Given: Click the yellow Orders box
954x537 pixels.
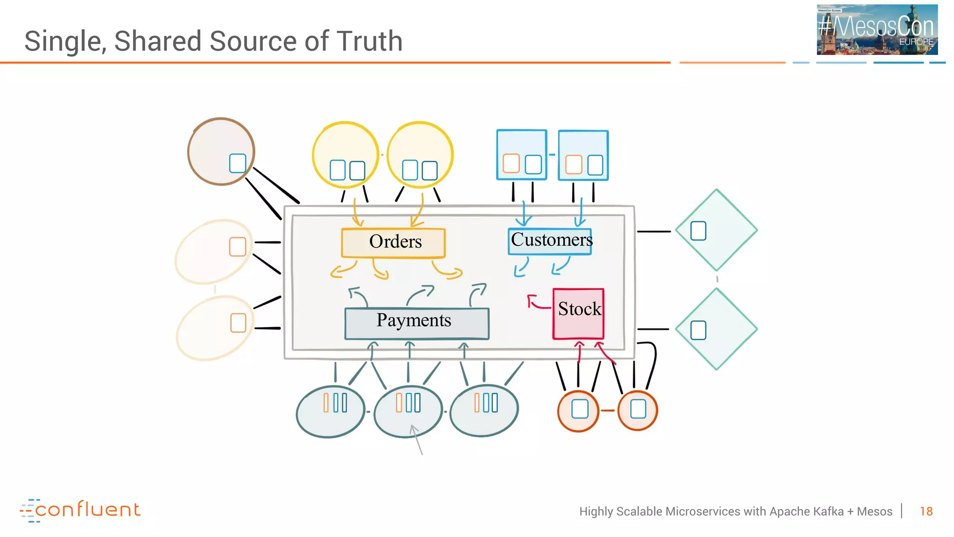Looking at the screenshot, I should [x=394, y=242].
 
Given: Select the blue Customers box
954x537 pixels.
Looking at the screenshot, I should [x=550, y=241].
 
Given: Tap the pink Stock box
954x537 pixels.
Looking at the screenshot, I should [x=578, y=313].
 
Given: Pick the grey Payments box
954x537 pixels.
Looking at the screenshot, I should [x=416, y=323].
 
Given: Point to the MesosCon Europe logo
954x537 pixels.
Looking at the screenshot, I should [x=877, y=29].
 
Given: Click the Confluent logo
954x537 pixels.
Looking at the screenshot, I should [x=80, y=510].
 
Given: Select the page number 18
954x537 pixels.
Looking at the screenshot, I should [x=926, y=511].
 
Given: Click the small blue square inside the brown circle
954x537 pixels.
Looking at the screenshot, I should [x=238, y=163].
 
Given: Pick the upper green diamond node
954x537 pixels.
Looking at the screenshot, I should [x=716, y=230].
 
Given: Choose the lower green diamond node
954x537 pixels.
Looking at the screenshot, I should [x=716, y=329].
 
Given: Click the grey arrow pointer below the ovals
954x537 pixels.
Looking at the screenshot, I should [x=416, y=439].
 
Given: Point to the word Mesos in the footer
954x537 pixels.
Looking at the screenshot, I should [x=874, y=511].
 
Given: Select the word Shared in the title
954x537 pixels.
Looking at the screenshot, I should [x=158, y=41].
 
